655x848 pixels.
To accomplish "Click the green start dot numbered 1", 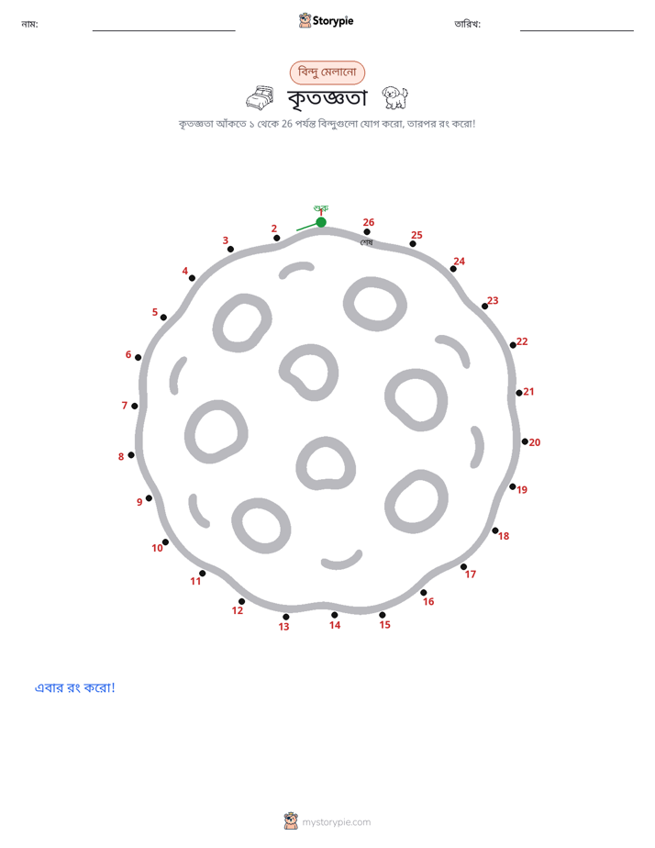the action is [x=321, y=222].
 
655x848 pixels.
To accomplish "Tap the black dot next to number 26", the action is [x=367, y=232].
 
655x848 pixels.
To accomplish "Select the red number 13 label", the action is [x=283, y=627].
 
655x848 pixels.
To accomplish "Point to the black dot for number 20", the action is [x=525, y=441].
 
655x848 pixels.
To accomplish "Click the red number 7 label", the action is [x=124, y=405].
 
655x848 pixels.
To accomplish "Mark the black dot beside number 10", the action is [x=165, y=541].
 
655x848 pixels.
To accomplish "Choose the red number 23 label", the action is [x=493, y=301].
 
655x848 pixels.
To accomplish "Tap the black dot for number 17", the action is [x=463, y=567].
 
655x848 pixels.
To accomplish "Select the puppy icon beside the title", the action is [x=395, y=97].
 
